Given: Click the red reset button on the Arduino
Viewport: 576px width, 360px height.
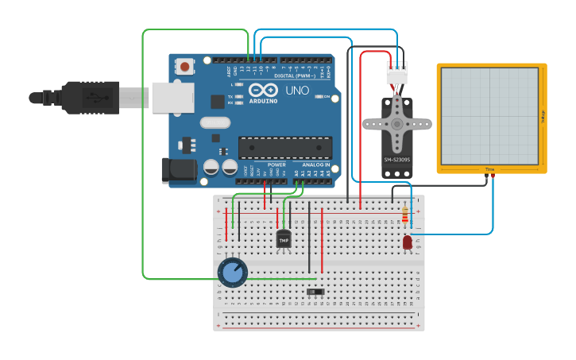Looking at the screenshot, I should point(185,67).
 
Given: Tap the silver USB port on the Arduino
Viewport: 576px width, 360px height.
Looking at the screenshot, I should point(172,98).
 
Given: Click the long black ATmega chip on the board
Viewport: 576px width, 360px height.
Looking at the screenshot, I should point(285,148).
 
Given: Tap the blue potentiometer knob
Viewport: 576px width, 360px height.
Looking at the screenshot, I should point(232,272).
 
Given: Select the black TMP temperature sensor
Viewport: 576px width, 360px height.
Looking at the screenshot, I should point(284,238).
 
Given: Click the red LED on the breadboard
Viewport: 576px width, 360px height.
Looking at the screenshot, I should point(408,242).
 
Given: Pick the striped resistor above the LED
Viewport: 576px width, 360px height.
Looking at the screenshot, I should point(407,215).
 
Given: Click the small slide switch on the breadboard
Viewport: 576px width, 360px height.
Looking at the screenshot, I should point(315,292).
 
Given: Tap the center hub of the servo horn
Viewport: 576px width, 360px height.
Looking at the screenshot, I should point(396,124).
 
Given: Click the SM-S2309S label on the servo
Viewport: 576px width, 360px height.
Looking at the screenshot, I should point(396,160).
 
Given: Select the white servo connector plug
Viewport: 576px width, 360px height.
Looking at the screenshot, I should point(396,73).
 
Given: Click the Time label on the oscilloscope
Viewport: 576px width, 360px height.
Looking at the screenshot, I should point(489,169).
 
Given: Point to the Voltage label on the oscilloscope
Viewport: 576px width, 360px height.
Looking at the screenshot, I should point(543,117).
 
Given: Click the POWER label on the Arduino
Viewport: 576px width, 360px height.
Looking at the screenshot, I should point(276,165).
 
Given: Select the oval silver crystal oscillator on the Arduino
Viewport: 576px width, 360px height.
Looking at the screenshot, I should point(215,122).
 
